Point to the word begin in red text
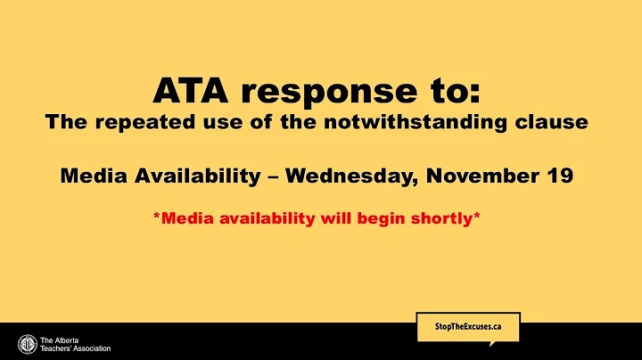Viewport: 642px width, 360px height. pos(383,217)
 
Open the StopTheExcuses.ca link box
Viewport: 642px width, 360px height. pos(467,327)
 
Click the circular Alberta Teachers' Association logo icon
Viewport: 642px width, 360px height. pos(27,343)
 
